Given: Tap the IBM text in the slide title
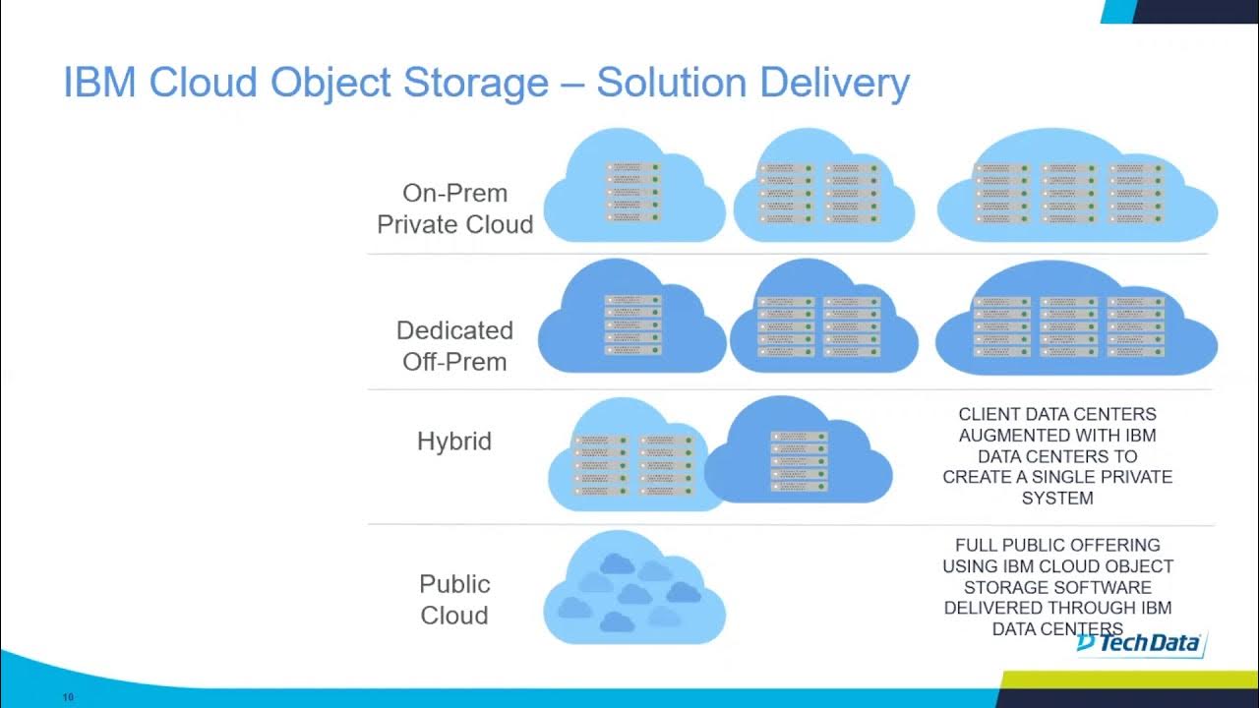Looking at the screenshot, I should [x=101, y=84].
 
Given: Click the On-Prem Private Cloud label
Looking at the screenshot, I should [x=454, y=208].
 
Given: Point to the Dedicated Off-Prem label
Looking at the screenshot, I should [x=454, y=345].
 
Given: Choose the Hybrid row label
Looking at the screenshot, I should [x=454, y=442].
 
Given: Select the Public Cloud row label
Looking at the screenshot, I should [x=454, y=599].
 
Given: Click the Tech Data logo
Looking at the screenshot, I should [x=1139, y=643].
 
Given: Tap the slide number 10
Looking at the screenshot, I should [x=68, y=697].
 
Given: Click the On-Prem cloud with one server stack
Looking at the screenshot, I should [x=633, y=191].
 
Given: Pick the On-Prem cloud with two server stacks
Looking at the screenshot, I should [x=822, y=191].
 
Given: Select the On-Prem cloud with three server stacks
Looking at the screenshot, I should [x=1077, y=191].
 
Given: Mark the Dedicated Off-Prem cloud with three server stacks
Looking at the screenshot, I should [x=1076, y=324].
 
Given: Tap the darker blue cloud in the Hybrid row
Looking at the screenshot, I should [x=799, y=458].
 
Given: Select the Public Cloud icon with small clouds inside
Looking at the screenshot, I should [x=633, y=590].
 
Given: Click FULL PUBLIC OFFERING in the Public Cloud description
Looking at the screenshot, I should [x=1057, y=545].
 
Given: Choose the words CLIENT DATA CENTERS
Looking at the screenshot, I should [x=1057, y=414].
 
